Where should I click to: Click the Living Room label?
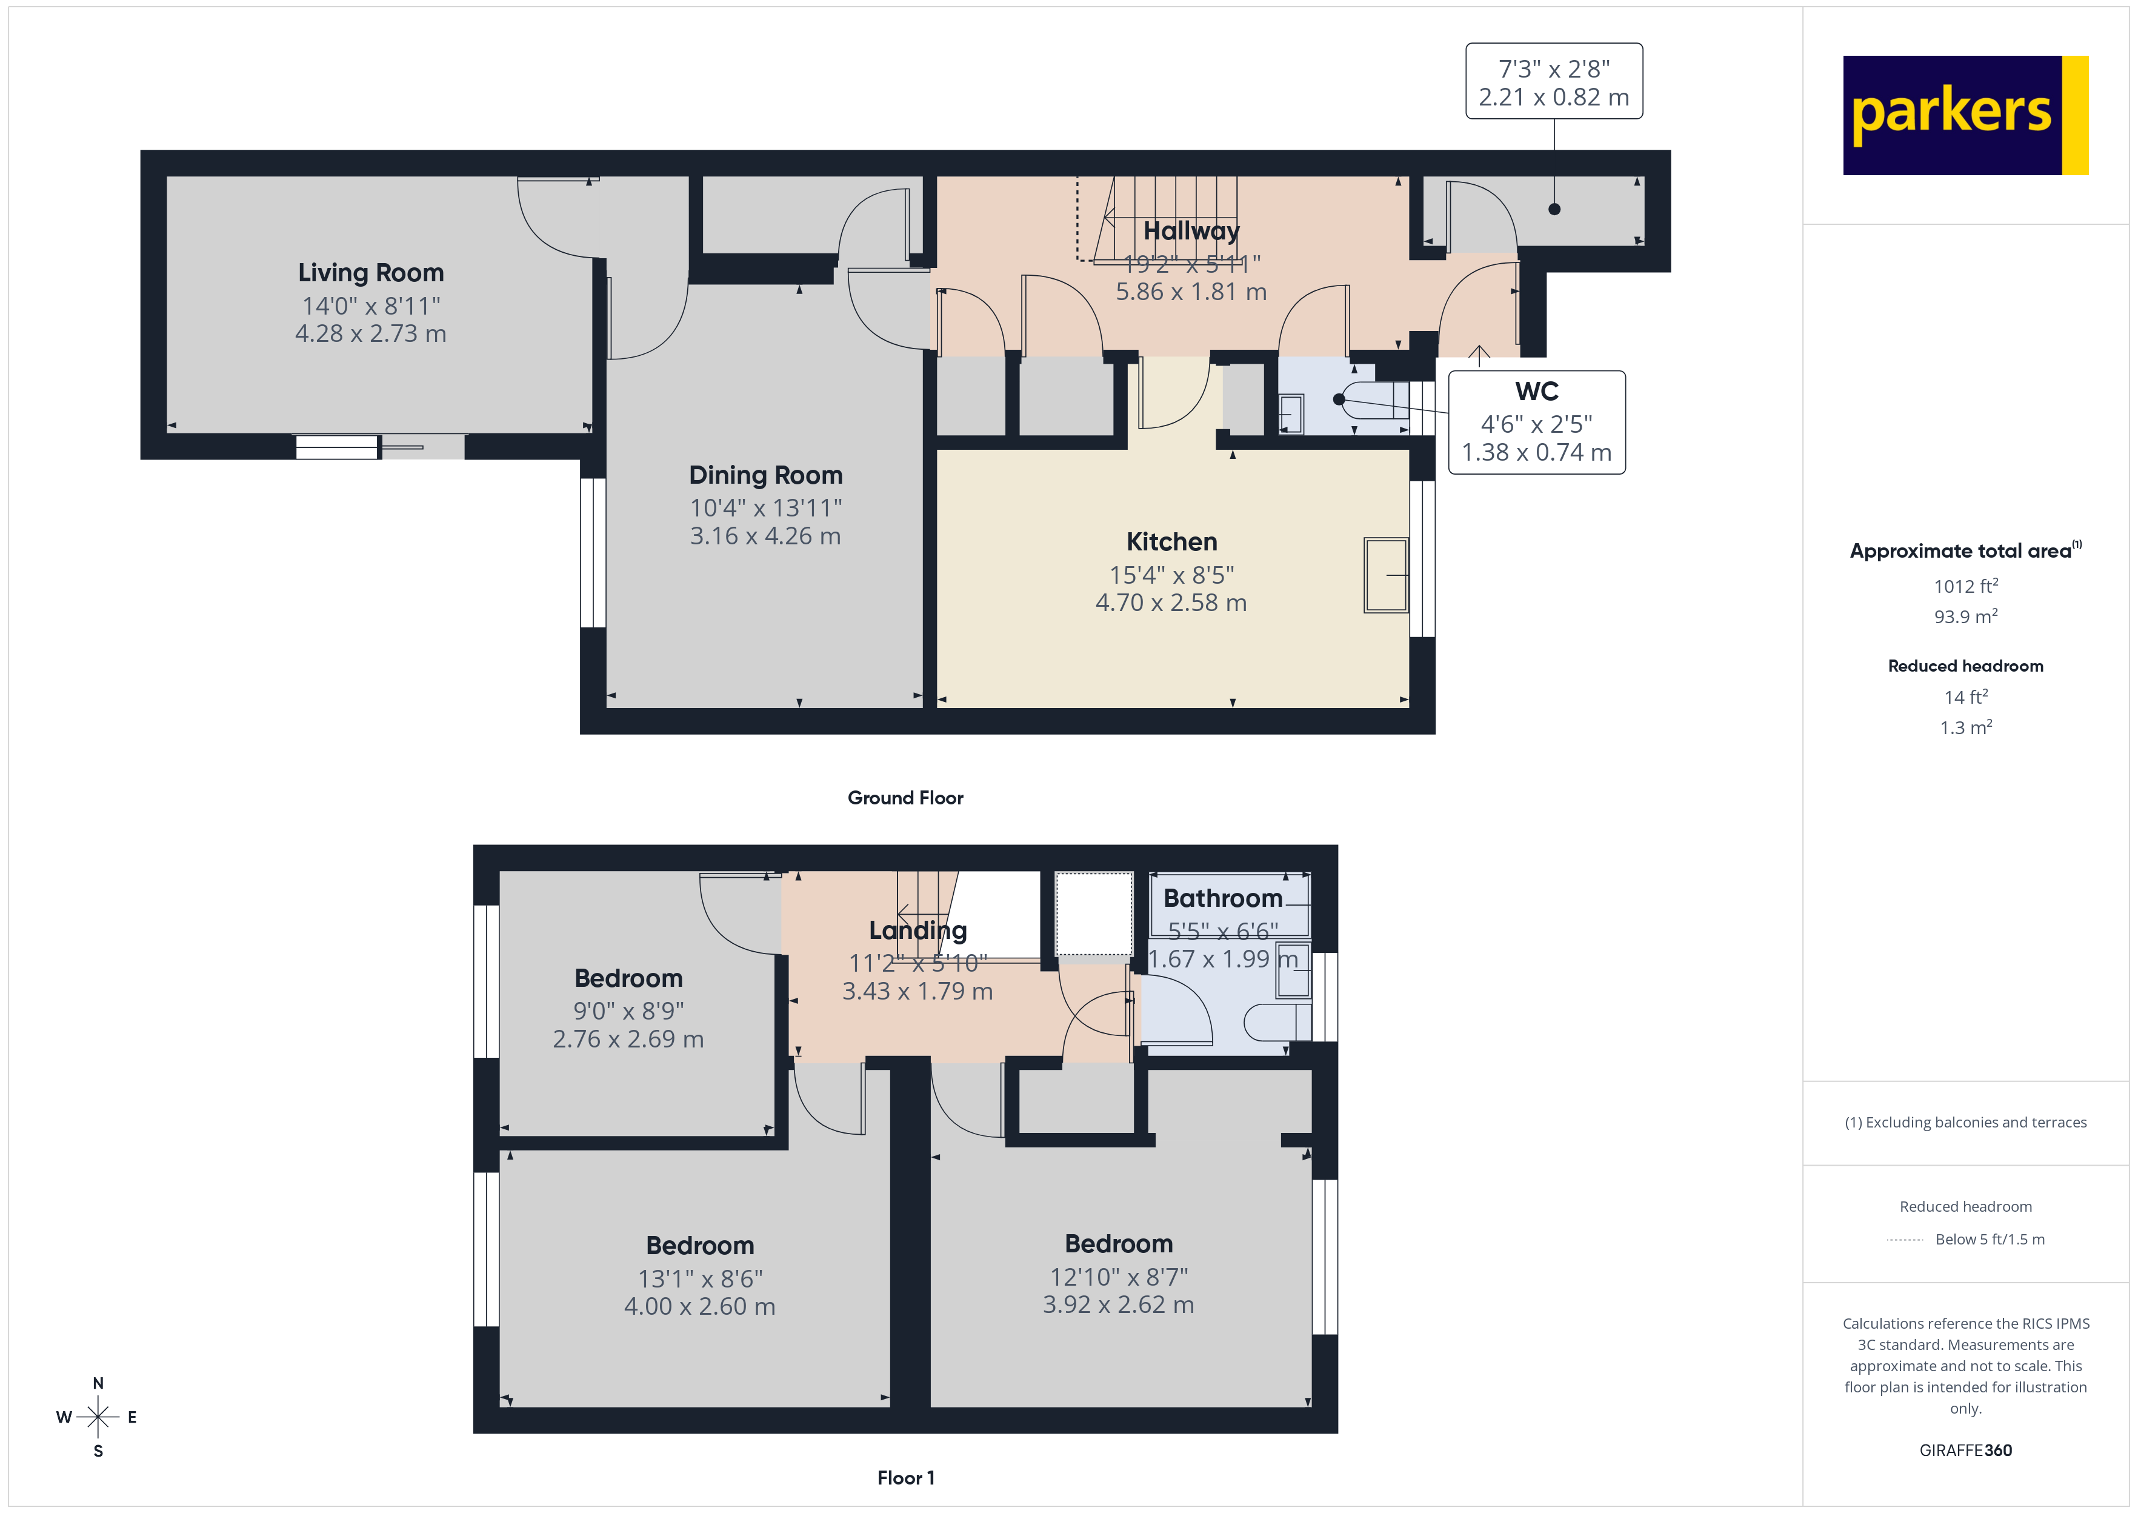click(371, 273)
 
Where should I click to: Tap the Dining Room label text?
click(765, 475)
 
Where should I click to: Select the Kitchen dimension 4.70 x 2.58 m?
click(1170, 603)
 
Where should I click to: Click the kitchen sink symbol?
click(1385, 575)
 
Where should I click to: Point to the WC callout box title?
click(1536, 392)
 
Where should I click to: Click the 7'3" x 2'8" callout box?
click(1553, 82)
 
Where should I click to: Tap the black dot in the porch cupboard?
click(1554, 209)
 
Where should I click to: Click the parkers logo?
click(1965, 116)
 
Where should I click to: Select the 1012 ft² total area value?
click(1965, 586)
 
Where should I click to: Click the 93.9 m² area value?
click(1965, 616)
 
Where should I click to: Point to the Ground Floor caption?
click(905, 798)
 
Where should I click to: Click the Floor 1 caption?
click(905, 1478)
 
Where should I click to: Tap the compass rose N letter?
click(98, 1383)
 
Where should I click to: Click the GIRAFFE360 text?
click(1965, 1451)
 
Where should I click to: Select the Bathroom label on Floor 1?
click(1223, 898)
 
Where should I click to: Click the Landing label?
click(917, 930)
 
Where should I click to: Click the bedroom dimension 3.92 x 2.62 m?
click(1117, 1304)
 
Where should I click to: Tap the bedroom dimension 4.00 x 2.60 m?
click(699, 1306)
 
